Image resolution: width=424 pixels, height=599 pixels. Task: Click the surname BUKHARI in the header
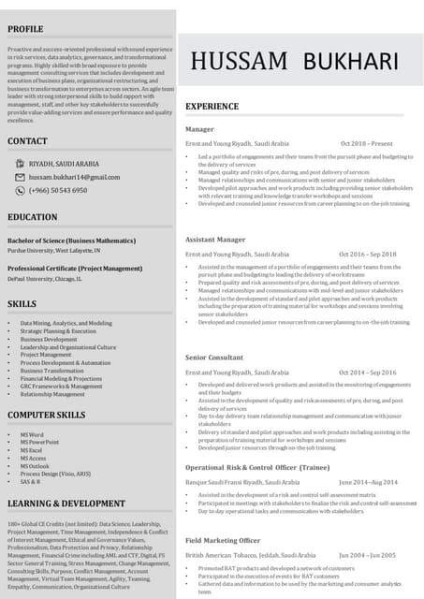click(x=344, y=62)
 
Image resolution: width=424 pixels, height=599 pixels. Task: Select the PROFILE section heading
click(x=25, y=30)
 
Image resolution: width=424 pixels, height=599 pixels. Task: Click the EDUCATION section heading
click(x=32, y=217)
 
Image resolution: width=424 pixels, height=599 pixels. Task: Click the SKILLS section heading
click(x=22, y=304)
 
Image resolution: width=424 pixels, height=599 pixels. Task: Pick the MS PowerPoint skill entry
click(x=39, y=442)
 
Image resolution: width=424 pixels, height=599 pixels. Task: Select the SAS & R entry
click(x=30, y=481)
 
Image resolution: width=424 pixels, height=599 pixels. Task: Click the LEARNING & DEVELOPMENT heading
click(x=66, y=504)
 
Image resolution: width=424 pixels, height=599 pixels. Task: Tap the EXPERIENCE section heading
click(x=212, y=107)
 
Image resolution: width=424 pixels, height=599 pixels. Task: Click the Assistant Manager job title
click(x=215, y=240)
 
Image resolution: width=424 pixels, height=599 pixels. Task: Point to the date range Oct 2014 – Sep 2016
click(x=368, y=373)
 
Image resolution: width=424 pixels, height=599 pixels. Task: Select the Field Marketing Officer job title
click(x=222, y=541)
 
